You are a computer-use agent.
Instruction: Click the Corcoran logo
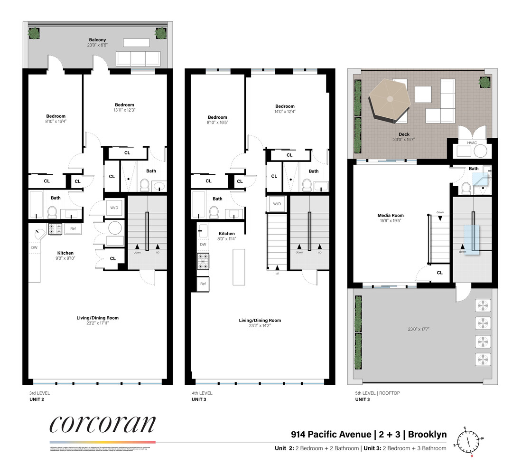coord(102,424)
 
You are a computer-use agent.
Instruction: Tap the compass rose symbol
coord(468,440)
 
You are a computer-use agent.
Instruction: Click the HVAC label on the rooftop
coord(472,142)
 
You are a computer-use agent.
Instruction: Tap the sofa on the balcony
coord(138,58)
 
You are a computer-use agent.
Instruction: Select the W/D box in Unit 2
coord(114,208)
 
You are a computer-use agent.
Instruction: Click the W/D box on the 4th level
coord(277,204)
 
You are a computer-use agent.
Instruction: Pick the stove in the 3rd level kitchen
coord(55,228)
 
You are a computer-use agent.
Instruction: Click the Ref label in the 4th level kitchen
coord(203,284)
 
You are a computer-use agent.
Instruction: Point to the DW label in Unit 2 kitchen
coord(34,247)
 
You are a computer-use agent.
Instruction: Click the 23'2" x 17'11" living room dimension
coord(97,323)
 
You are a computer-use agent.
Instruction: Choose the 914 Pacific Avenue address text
coord(331,434)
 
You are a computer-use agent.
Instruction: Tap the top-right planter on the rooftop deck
coord(484,82)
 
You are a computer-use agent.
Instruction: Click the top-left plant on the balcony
coord(34,33)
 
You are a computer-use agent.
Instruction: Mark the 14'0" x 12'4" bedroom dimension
coord(285,112)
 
